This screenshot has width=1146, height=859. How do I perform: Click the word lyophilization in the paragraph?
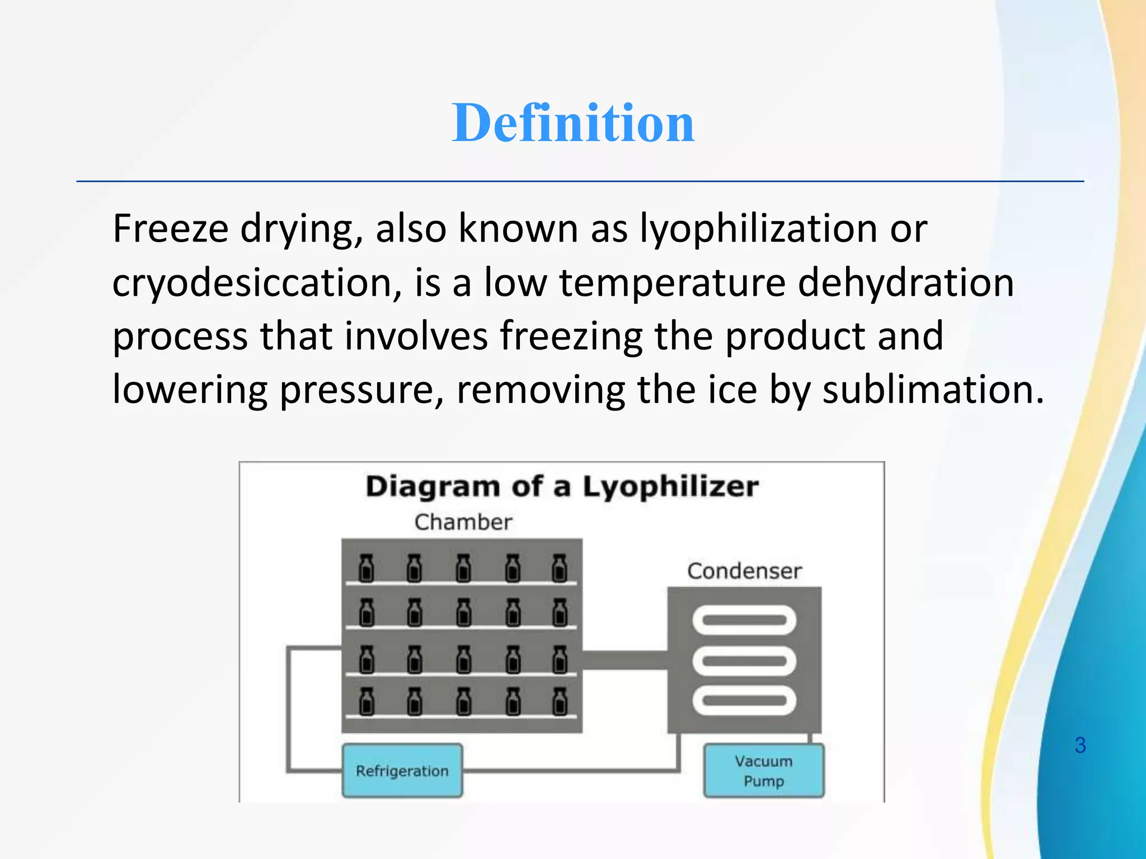(x=759, y=229)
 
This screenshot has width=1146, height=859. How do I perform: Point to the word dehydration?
(x=905, y=283)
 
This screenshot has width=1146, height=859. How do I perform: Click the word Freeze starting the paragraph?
(x=171, y=229)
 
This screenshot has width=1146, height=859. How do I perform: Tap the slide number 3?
(x=1080, y=745)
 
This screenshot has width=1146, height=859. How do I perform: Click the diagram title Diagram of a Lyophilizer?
(x=562, y=487)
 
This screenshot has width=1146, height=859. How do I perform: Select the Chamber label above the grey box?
(x=463, y=522)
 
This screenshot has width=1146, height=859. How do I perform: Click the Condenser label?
(x=744, y=572)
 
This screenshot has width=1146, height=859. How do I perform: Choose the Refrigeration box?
(x=402, y=771)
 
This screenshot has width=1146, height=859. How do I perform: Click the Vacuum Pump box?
(x=764, y=771)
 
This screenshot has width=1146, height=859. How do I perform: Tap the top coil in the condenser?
(x=744, y=620)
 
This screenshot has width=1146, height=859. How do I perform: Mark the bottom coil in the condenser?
(x=744, y=701)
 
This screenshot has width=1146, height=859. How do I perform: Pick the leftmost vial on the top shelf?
(x=367, y=568)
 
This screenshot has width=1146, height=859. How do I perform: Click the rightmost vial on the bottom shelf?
(x=559, y=701)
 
